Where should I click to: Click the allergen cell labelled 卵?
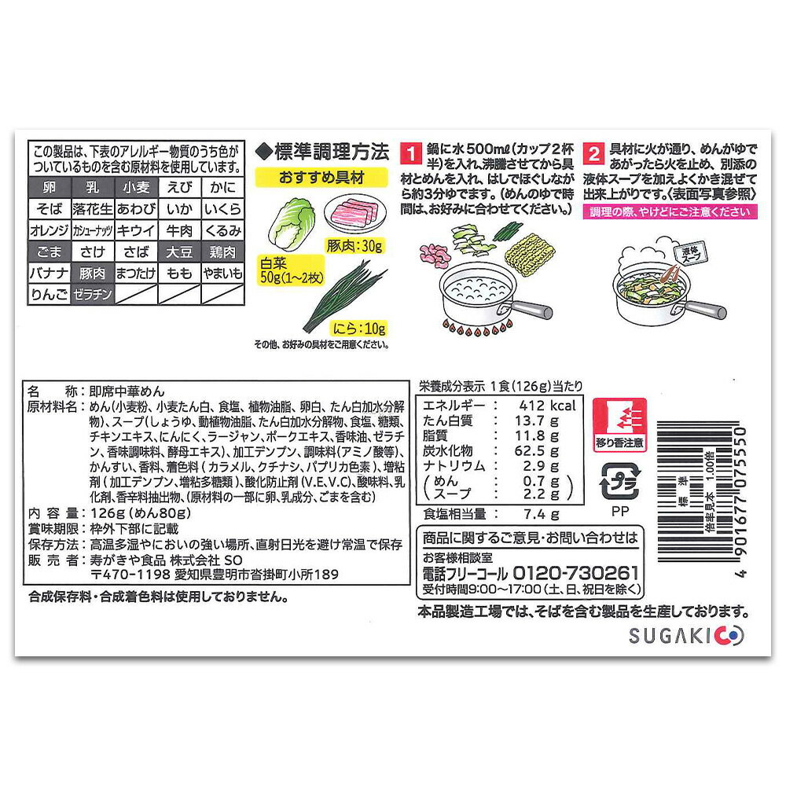(x=49, y=188)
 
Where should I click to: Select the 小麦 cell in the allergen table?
(x=136, y=188)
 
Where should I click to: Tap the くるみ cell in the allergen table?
(x=222, y=230)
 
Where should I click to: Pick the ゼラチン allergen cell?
(x=93, y=294)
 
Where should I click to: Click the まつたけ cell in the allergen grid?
(x=136, y=274)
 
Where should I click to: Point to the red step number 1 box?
(x=411, y=153)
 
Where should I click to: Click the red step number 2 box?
(x=593, y=153)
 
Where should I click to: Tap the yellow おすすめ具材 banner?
(x=321, y=178)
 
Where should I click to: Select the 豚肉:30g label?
(x=354, y=245)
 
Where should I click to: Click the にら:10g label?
(x=359, y=329)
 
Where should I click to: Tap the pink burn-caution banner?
(x=670, y=211)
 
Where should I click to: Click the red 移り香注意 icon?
(x=619, y=425)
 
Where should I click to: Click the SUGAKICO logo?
(x=686, y=636)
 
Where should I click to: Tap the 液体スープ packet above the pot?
(x=692, y=254)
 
